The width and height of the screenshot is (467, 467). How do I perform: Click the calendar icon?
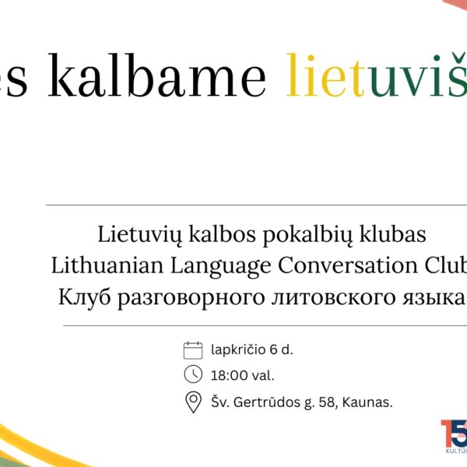(x=192, y=349)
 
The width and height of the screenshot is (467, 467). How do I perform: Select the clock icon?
(x=192, y=375)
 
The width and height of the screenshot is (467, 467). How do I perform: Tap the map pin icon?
(x=192, y=402)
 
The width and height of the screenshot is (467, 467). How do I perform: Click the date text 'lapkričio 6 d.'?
(x=251, y=349)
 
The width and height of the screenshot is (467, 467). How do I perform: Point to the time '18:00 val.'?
(x=242, y=376)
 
